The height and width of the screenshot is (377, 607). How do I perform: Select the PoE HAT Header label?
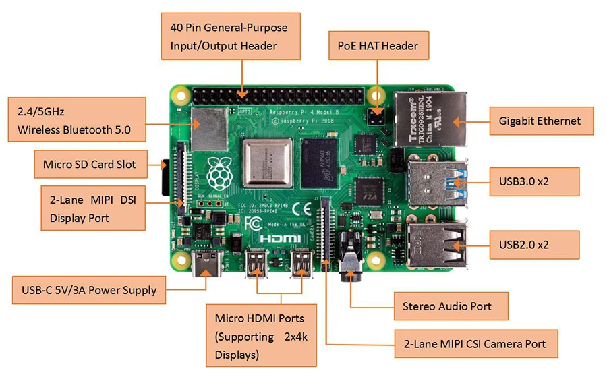[x=378, y=47]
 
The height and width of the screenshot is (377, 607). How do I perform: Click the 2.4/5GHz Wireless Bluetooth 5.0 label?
[x=77, y=119]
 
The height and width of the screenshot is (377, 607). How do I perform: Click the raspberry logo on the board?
[x=218, y=173]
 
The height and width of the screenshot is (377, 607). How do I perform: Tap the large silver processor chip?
[x=268, y=164]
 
